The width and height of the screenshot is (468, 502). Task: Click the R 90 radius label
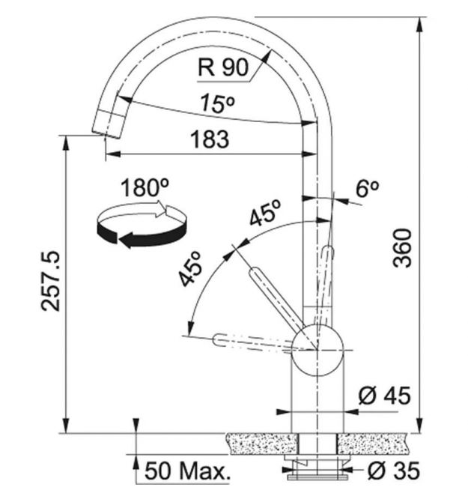click(223, 67)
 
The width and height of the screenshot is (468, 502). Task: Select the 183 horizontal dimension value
click(210, 139)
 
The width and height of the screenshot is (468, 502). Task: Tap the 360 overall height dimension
click(402, 248)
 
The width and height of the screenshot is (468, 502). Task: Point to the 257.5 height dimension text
click(50, 281)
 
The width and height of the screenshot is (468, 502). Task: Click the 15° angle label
click(217, 103)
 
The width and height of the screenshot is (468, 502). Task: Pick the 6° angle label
click(367, 189)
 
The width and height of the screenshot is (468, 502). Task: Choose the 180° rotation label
click(145, 187)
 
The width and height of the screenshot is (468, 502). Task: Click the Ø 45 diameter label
click(384, 396)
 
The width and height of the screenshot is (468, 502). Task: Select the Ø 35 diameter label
click(393, 471)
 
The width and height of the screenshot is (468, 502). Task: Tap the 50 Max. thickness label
click(187, 471)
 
